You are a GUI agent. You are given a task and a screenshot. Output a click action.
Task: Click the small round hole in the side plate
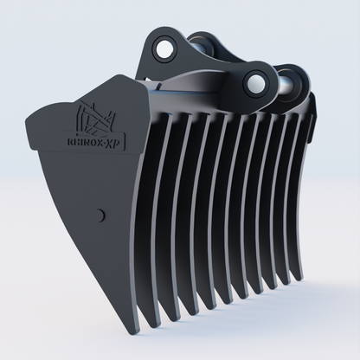[x=103, y=215]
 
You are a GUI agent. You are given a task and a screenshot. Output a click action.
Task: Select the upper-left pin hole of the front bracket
[x=163, y=51]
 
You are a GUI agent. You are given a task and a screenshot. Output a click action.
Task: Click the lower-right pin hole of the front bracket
[x=256, y=83]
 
